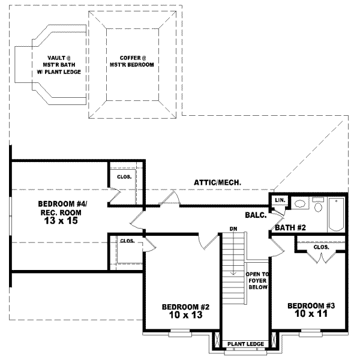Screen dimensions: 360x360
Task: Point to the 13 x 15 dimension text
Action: point(60,221)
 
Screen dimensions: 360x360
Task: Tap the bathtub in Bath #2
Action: point(335,214)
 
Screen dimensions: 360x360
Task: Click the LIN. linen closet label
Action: point(279,200)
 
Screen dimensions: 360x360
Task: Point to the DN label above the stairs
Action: point(233,229)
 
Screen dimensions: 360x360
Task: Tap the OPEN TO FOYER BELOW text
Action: point(256,281)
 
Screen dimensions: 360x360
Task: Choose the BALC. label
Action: point(256,214)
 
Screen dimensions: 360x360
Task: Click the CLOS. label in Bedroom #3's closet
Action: point(321,246)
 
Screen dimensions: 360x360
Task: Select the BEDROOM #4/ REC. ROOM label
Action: point(59,207)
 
